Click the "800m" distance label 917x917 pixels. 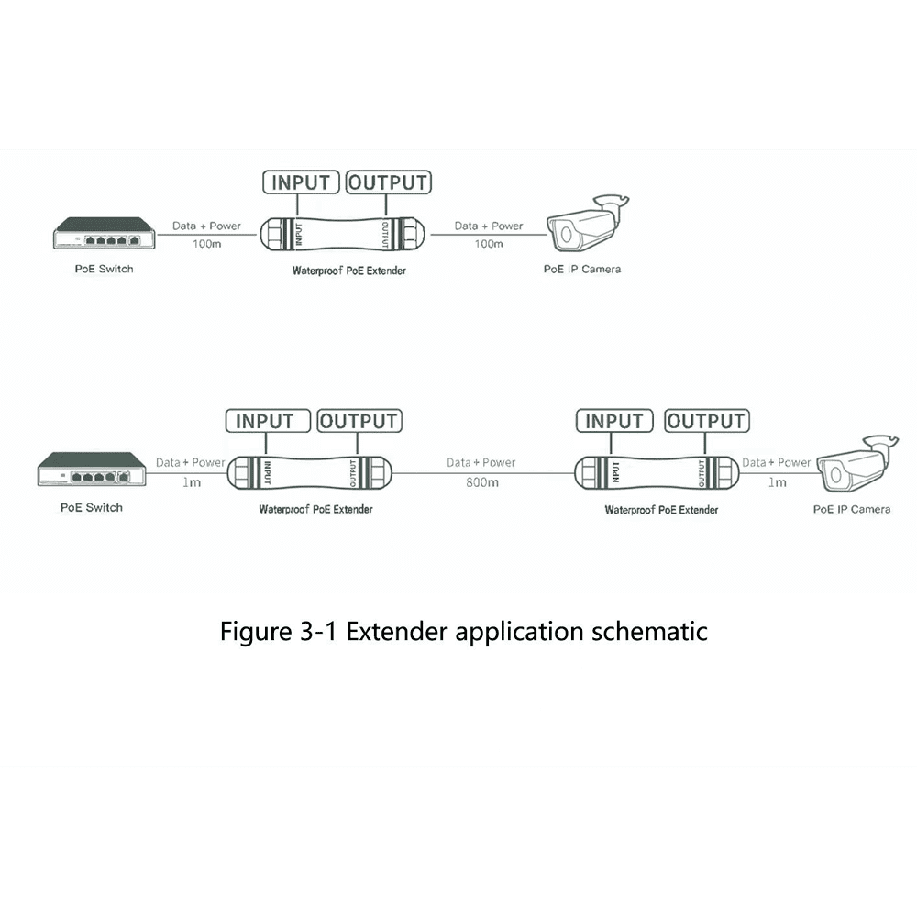pyautogui.click(x=481, y=482)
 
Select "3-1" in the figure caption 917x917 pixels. pyautogui.click(x=313, y=632)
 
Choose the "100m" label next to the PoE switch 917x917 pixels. pyautogui.click(x=205, y=244)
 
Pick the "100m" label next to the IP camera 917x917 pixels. pyautogui.click(x=488, y=244)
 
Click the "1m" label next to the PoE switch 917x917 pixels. pyautogui.click(x=191, y=482)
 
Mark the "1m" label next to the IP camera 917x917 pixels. pyautogui.click(x=777, y=482)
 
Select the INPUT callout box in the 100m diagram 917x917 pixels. pyautogui.click(x=301, y=182)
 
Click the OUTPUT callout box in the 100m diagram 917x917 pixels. pyautogui.click(x=388, y=182)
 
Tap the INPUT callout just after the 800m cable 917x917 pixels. pyautogui.click(x=614, y=421)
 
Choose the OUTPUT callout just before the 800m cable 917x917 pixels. pyautogui.click(x=359, y=421)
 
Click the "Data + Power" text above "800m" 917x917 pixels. pyautogui.click(x=481, y=463)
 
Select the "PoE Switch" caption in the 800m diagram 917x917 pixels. pyautogui.click(x=91, y=507)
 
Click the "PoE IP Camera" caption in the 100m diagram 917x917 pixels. pyautogui.click(x=582, y=269)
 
